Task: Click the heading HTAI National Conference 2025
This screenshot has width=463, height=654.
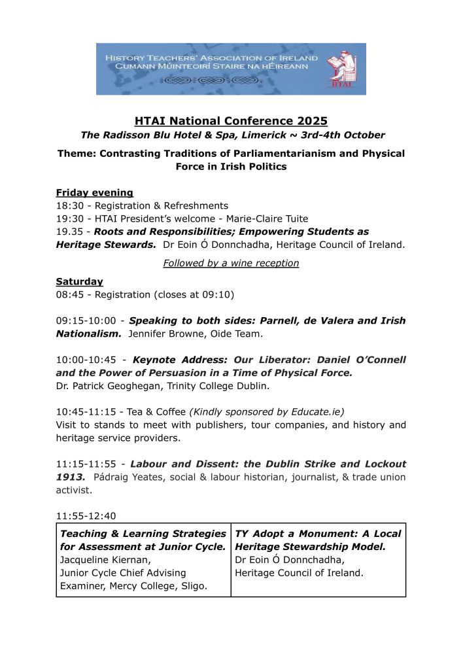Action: pyautogui.click(x=231, y=121)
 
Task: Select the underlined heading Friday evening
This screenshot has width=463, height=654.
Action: pyautogui.click(x=95, y=192)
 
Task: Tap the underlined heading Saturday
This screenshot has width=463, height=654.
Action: pyautogui.click(x=80, y=281)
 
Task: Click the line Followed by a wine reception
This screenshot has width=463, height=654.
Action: pyautogui.click(x=231, y=263)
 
